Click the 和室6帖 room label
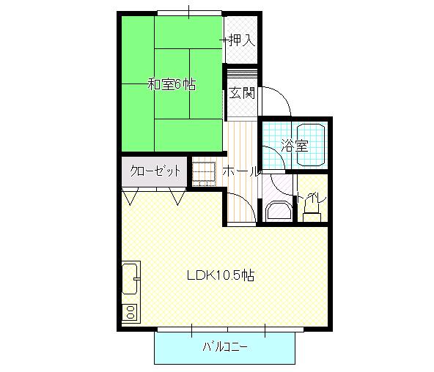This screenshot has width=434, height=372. point(172,84)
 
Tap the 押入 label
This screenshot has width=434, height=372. point(240,40)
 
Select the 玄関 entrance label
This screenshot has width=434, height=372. point(240,93)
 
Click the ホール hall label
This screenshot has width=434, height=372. point(240,172)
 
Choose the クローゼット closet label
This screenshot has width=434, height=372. point(155,171)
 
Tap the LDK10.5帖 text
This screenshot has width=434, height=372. point(220,276)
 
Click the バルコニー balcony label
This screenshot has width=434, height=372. point(225,346)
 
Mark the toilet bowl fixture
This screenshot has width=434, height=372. point(311,210)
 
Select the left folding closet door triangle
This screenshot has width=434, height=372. point(131,196)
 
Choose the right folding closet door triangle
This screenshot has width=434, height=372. point(175,196)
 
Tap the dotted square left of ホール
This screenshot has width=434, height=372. point(203,171)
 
